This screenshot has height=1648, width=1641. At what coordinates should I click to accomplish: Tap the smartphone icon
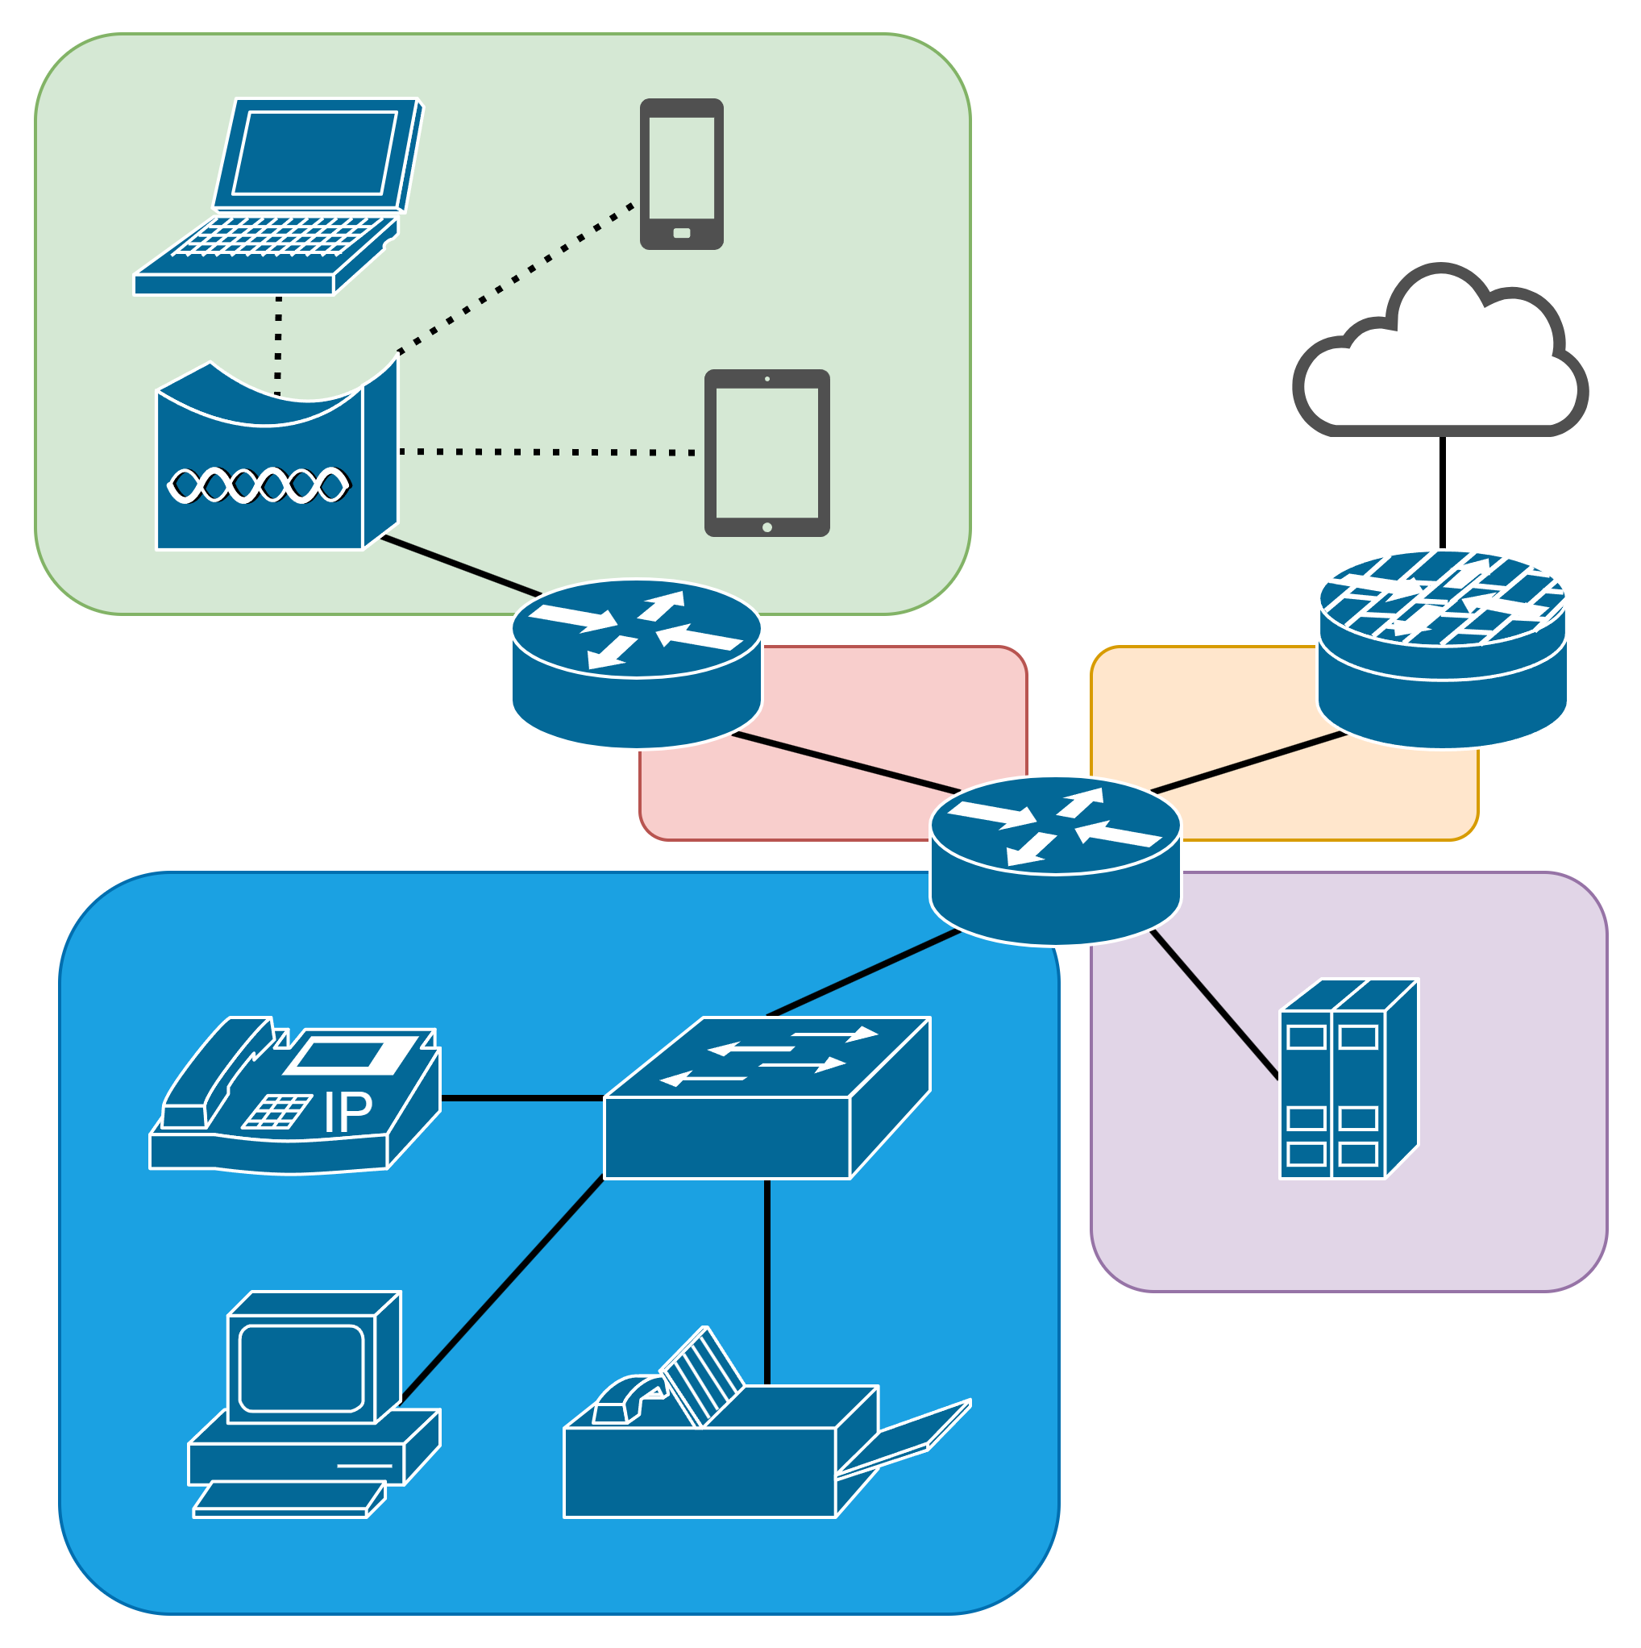click(682, 174)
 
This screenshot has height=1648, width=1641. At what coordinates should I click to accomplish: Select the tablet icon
click(766, 453)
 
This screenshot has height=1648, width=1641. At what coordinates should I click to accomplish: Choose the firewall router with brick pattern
click(1442, 648)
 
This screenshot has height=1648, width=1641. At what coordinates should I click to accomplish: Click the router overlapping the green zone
click(635, 664)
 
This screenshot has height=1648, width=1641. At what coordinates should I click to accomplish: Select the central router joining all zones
click(1055, 859)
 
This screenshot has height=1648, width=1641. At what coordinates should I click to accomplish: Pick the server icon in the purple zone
click(1348, 1080)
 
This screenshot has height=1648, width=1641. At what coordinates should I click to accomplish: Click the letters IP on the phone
click(348, 1113)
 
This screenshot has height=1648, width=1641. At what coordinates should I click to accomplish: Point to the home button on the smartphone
click(682, 233)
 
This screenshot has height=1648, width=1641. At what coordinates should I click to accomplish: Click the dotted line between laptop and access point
click(278, 345)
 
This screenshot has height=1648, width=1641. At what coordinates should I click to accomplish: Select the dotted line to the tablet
click(546, 452)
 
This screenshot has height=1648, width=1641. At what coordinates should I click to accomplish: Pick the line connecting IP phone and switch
click(522, 1099)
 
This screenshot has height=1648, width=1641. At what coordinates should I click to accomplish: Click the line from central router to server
click(1215, 1005)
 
